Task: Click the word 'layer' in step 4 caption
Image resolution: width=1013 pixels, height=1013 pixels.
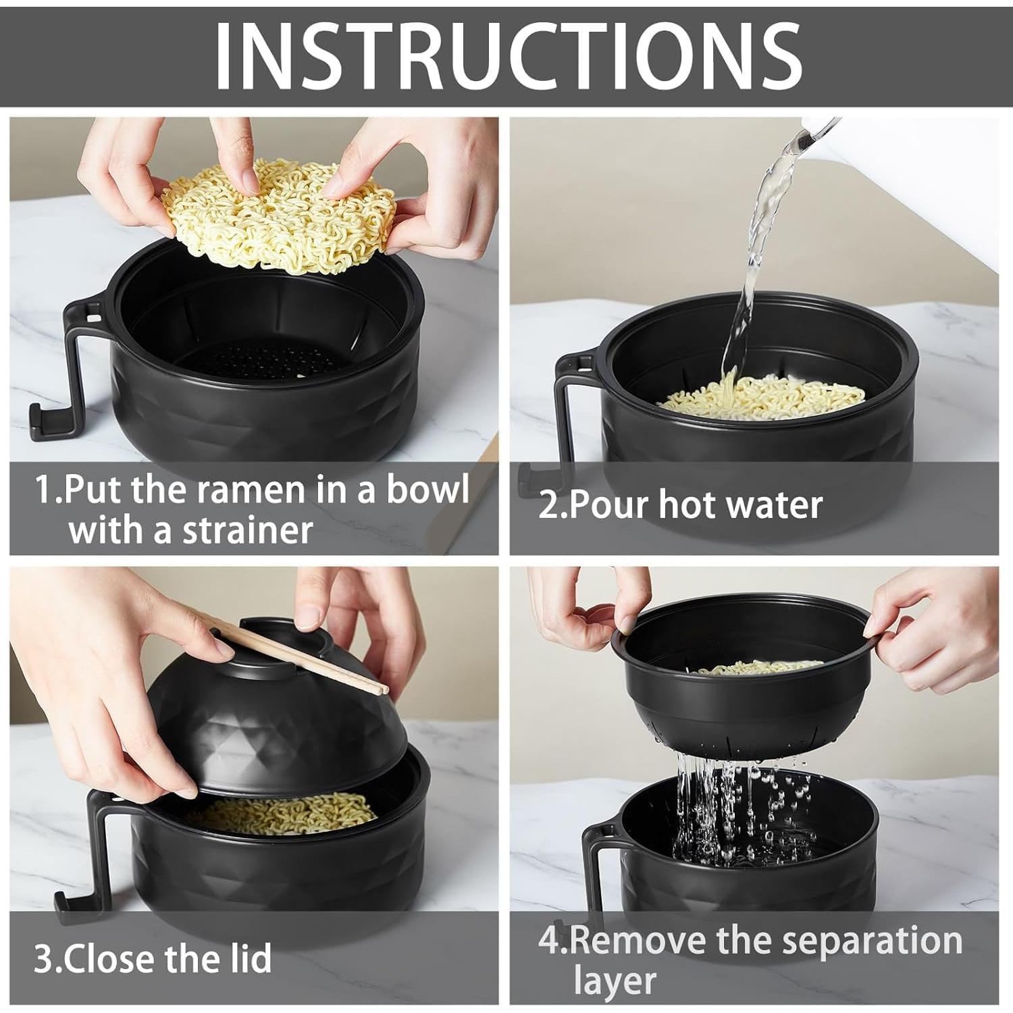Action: pos(615,981)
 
